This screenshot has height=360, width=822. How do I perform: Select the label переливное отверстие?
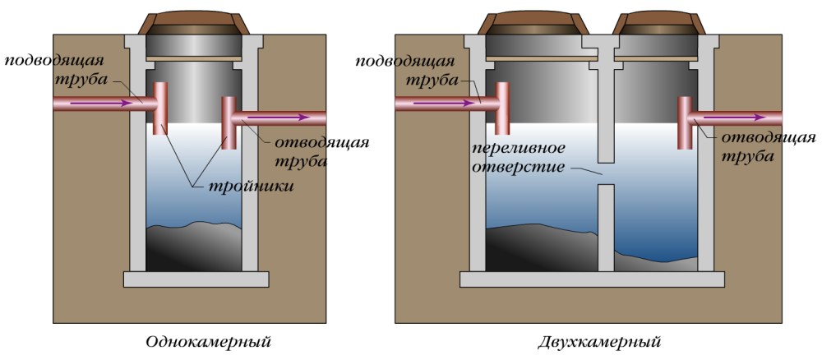(519, 159)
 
